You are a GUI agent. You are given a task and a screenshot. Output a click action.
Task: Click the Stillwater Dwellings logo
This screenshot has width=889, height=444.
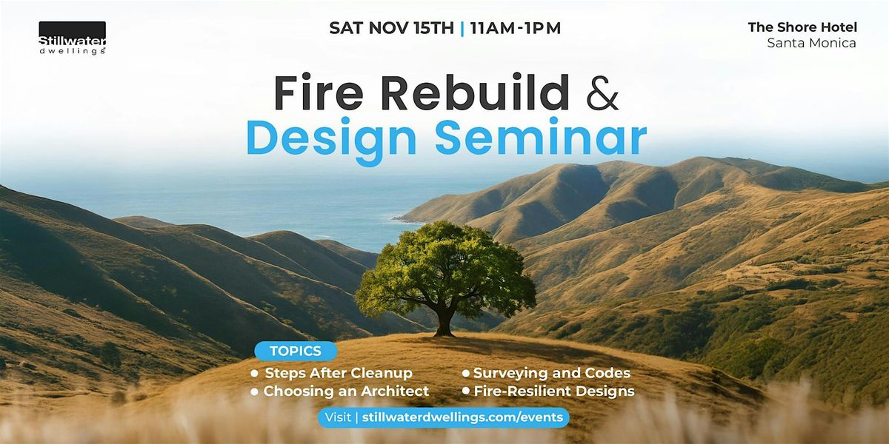coord(72,38)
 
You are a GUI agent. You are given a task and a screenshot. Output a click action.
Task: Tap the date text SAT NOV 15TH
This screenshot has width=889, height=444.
coord(390,28)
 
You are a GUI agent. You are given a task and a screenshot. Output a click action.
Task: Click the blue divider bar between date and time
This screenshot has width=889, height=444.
coord(462,28)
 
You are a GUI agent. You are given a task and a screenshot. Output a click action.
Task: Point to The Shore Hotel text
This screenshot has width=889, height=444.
coord(802,27)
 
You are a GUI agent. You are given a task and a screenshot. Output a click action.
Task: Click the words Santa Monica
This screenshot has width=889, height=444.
coord(811,43)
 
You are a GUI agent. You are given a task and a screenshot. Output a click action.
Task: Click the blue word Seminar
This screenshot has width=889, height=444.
coord(542,138)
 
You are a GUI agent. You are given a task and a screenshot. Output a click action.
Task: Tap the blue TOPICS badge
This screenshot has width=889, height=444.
coord(296,351)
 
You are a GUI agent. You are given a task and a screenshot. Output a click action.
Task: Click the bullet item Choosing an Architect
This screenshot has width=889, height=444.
coord(346,391)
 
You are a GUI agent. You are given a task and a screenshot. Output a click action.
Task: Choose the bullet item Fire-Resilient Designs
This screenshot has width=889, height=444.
coord(553,391)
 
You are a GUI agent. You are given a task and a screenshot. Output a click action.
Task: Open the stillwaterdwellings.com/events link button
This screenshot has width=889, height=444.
coord(444,417)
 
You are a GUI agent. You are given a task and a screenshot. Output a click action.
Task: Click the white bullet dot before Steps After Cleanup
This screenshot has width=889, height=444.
coord(255,374)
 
